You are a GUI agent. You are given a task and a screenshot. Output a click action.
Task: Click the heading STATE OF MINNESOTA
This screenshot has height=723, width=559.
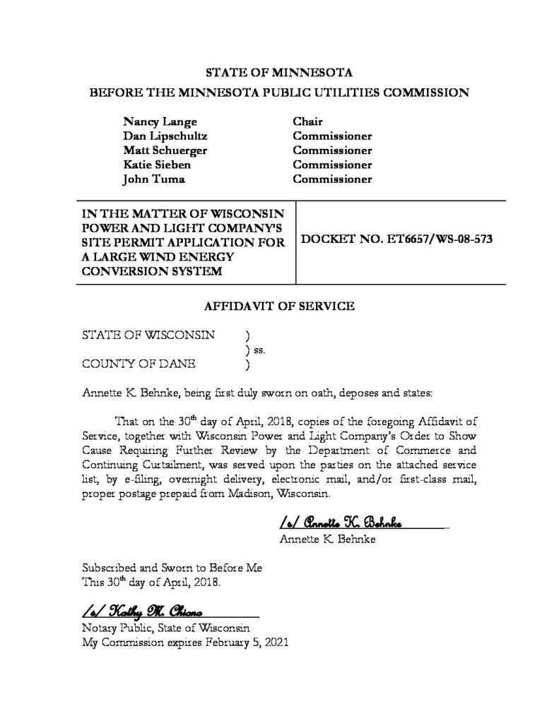278,72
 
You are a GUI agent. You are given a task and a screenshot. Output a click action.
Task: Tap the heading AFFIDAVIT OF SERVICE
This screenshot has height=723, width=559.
278,306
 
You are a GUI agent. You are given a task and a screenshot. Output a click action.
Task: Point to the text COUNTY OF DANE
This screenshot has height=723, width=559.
139,364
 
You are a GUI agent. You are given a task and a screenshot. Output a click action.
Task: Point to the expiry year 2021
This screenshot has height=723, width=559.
276,643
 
